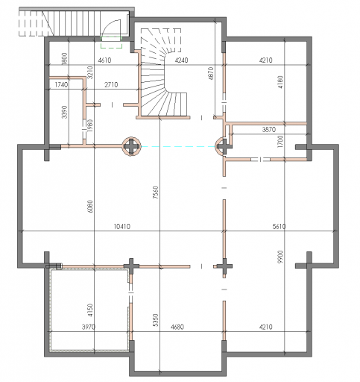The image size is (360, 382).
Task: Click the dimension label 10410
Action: (x=121, y=227)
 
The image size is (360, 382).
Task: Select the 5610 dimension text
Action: (x=279, y=226)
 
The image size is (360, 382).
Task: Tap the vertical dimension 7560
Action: (x=156, y=192)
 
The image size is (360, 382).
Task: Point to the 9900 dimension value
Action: (x=280, y=257)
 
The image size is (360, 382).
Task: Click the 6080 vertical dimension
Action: (x=90, y=206)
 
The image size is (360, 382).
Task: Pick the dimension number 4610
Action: (x=104, y=60)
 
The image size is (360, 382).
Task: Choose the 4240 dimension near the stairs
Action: (x=181, y=60)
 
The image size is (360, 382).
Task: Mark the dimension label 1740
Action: (x=61, y=85)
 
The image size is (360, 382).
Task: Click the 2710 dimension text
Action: (x=111, y=85)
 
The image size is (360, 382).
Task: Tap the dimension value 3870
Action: (x=269, y=130)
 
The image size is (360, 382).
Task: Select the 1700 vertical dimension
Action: (x=280, y=141)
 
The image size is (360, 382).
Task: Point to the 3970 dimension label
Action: (x=89, y=327)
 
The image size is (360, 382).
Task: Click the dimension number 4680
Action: (x=177, y=327)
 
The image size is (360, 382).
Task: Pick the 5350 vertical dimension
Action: (x=156, y=320)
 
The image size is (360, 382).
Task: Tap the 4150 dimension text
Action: (x=90, y=310)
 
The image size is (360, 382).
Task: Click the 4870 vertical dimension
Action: (x=211, y=73)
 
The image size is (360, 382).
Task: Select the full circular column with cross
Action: (x=131, y=146)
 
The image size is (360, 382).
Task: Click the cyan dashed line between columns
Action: (x=178, y=147)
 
